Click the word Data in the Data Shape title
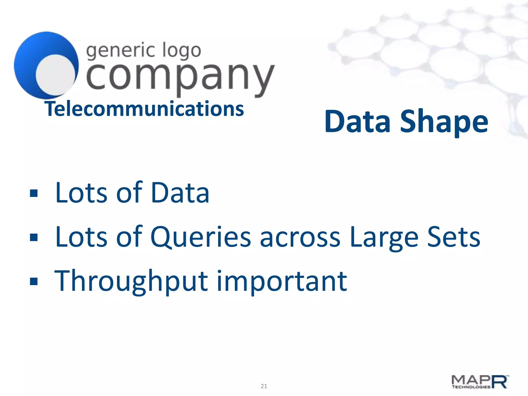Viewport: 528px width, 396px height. (x=357, y=121)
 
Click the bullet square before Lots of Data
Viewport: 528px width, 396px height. (x=34, y=193)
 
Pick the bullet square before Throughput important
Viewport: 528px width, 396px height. (x=34, y=281)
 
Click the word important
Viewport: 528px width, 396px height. (x=282, y=281)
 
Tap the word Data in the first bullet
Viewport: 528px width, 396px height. (x=180, y=193)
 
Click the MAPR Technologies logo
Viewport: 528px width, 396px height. (x=480, y=382)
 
